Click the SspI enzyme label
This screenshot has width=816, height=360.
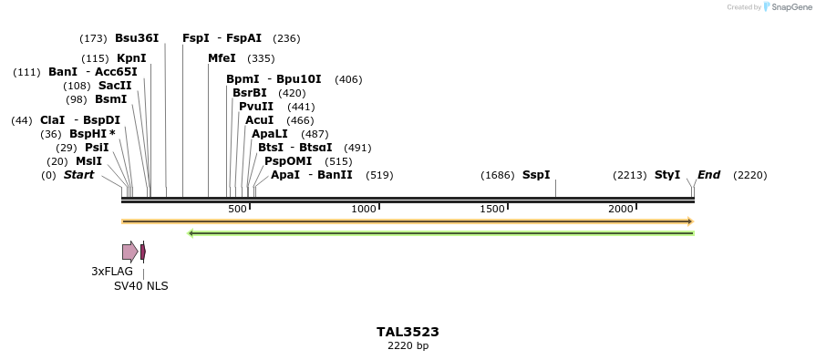pyautogui.click(x=536, y=175)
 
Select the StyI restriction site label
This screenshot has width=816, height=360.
pyautogui.click(x=667, y=175)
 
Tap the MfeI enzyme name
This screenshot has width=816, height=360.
pyautogui.click(x=222, y=58)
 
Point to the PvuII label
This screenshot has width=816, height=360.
pyautogui.click(x=256, y=107)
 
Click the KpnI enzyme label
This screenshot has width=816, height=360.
pyautogui.click(x=131, y=58)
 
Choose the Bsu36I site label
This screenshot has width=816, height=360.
pyautogui.click(x=137, y=38)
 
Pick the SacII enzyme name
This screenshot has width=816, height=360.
pyautogui.click(x=115, y=86)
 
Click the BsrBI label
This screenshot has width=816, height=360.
pyautogui.click(x=250, y=93)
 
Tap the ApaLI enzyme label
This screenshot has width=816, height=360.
pyautogui.click(x=270, y=134)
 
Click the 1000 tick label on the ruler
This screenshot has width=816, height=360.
pyautogui.click(x=364, y=209)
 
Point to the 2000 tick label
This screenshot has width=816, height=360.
pyautogui.click(x=621, y=209)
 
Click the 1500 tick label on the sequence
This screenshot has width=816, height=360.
pyautogui.click(x=492, y=209)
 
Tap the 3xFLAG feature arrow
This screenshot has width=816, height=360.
pyautogui.click(x=130, y=252)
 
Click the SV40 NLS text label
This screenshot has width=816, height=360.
pyautogui.click(x=140, y=286)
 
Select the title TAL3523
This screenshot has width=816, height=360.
pyautogui.click(x=408, y=333)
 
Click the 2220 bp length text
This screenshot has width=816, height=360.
pyautogui.click(x=408, y=346)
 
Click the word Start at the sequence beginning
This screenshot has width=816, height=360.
pyautogui.click(x=78, y=175)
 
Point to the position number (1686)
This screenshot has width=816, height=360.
pyautogui.click(x=498, y=175)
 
